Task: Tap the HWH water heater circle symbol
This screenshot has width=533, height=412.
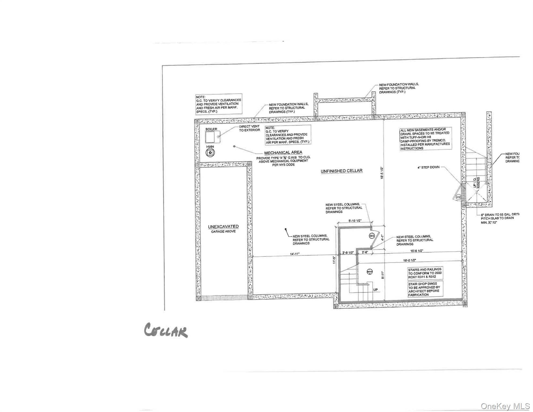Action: (x=210, y=153)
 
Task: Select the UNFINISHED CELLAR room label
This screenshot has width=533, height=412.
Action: (x=341, y=171)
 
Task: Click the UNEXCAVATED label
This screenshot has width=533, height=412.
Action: (x=223, y=227)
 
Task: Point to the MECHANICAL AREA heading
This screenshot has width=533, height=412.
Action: (x=283, y=152)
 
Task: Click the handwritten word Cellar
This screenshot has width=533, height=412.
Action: (x=165, y=331)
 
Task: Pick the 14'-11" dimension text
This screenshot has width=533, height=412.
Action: (x=295, y=254)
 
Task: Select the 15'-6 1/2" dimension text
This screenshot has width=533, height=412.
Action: (x=417, y=251)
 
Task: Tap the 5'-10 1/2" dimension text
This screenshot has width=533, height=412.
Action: (x=355, y=220)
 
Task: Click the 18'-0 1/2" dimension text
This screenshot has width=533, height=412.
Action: (x=409, y=260)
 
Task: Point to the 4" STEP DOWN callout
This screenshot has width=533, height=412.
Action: (x=428, y=167)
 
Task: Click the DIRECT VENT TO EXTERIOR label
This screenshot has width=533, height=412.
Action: (x=249, y=128)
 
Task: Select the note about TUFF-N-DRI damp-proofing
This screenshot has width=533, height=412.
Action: (x=425, y=139)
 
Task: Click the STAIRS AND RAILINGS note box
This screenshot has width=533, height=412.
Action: (x=425, y=273)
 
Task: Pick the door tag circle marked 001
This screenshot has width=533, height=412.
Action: (x=372, y=236)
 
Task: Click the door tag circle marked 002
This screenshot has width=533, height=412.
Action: (x=458, y=197)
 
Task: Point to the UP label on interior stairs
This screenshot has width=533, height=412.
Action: (x=375, y=290)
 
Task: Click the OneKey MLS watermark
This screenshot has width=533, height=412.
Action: (x=504, y=406)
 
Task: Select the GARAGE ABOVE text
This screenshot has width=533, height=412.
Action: (x=223, y=231)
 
